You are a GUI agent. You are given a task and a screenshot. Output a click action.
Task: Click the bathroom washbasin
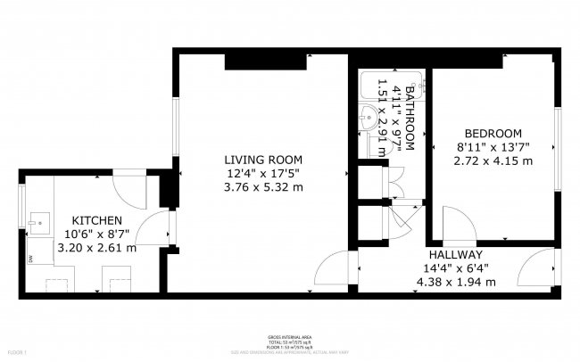point(370,117)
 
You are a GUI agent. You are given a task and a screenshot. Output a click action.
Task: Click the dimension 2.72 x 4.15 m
point(493,160)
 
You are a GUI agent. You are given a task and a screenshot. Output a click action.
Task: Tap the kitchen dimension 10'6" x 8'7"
point(96,234)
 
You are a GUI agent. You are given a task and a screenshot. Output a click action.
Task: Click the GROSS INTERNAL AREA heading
point(289,337)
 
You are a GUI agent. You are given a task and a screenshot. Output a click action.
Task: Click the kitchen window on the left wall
point(21,207)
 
